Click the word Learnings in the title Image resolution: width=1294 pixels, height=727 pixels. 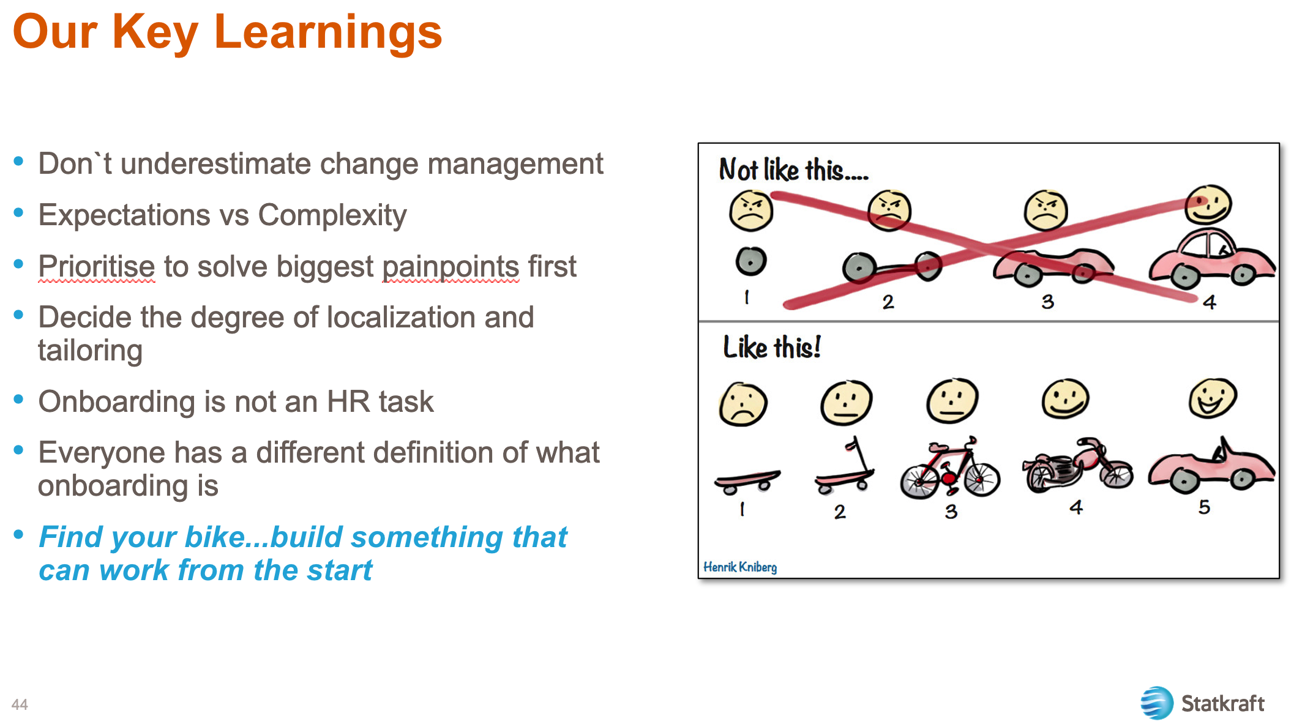[x=327, y=32]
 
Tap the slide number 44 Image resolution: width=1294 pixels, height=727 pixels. [x=20, y=704]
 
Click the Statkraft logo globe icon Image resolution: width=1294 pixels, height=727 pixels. [x=1156, y=703]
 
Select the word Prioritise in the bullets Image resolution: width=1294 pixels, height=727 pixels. [x=96, y=267]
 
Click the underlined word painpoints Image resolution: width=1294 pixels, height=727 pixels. [x=451, y=267]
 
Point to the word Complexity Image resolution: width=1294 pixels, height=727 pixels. [x=332, y=215]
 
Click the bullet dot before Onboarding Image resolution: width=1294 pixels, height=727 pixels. [x=18, y=400]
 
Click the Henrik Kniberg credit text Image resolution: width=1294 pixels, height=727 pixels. [x=739, y=567]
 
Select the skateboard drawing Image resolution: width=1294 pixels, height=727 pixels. [x=747, y=480]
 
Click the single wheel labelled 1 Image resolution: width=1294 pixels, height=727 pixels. [x=750, y=261]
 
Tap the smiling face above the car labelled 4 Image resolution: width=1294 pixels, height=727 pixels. [x=1207, y=204]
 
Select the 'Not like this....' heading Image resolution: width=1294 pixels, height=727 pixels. [x=793, y=170]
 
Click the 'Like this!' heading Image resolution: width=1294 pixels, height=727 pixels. [x=771, y=348]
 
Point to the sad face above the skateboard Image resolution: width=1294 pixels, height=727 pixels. [x=743, y=405]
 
